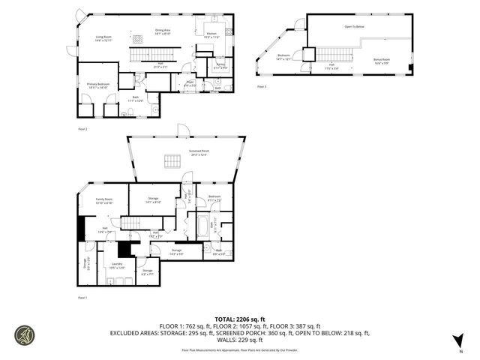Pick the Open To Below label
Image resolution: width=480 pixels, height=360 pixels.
(x=354, y=26)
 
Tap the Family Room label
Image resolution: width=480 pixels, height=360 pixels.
(x=104, y=201)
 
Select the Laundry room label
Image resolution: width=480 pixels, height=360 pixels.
(x=118, y=265)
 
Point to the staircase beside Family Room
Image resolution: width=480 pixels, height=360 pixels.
(x=132, y=223)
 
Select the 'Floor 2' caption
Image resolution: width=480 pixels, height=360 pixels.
(x=82, y=130)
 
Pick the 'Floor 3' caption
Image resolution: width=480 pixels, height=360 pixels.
(x=261, y=87)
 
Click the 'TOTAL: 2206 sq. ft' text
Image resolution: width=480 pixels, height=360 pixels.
(x=239, y=319)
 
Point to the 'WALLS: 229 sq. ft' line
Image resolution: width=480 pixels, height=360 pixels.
(x=239, y=340)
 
